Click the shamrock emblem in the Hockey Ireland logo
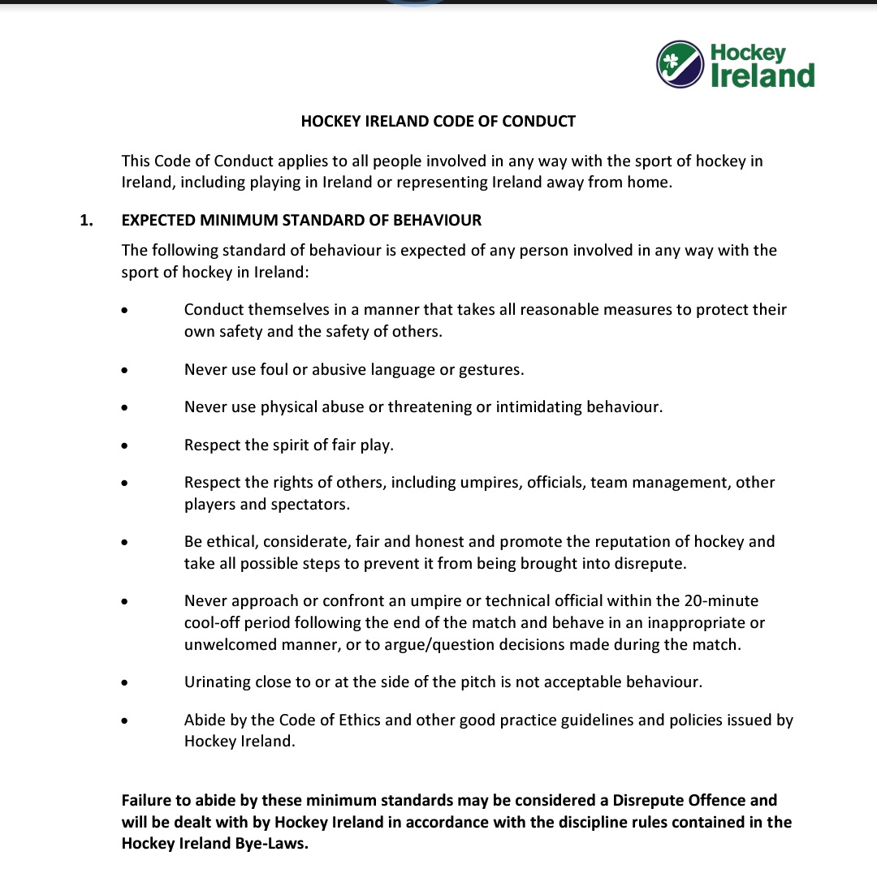pos(672,62)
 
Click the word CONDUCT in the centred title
pos(538,122)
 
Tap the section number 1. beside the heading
pos(86,220)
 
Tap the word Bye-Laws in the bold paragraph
pos(274,843)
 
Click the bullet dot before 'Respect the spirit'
pos(124,445)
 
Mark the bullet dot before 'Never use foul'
pos(124,370)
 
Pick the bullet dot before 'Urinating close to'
pos(124,683)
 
